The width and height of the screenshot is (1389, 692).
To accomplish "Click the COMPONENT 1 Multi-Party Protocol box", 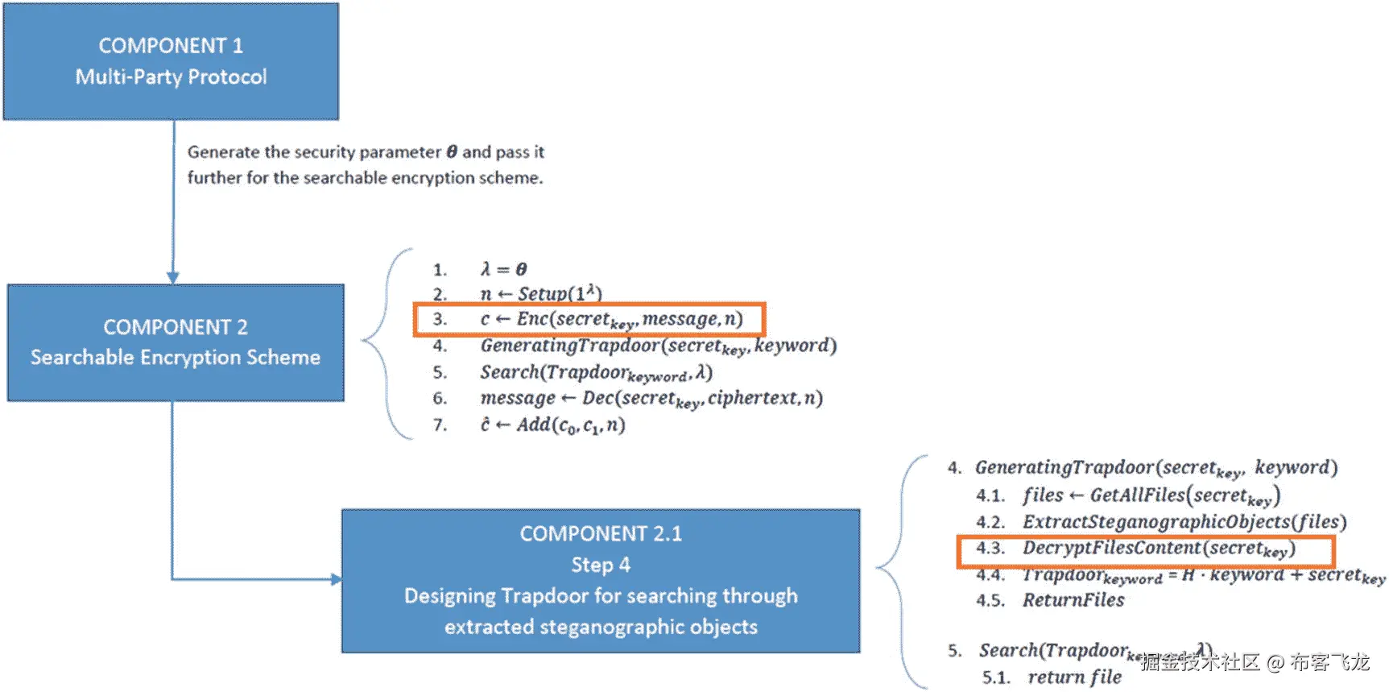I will pos(171,61).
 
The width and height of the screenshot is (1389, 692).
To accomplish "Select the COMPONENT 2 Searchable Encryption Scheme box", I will pos(176,342).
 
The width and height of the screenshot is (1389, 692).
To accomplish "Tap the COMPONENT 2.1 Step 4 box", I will pos(601,580).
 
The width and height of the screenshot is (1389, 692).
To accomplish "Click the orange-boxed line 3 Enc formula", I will pos(589,319).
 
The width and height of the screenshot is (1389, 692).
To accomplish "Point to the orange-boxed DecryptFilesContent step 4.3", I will pos(1145,549).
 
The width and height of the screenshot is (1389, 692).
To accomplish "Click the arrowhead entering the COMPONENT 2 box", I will pos(172,277).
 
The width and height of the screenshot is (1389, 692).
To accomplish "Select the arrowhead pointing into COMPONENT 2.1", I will pos(335,579).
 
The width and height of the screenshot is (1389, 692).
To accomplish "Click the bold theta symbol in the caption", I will pos(452,152).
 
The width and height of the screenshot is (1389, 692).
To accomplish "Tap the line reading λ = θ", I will pos(503,269).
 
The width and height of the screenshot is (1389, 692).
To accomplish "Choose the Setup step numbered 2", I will pos(540,293).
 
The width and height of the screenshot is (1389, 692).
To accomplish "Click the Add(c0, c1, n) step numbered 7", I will pos(552,425).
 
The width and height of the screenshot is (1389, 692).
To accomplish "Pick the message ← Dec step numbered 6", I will pos(651,398).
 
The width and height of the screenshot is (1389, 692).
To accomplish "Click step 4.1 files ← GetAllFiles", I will pos(1151,495).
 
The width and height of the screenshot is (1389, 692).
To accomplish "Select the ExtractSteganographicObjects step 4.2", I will pos(1184,522).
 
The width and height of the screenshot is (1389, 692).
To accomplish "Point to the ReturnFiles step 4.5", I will pos(1073,600).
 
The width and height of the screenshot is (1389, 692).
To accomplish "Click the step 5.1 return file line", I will pos(1074,677).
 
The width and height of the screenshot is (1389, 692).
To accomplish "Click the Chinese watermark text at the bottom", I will pos(1255,662).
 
